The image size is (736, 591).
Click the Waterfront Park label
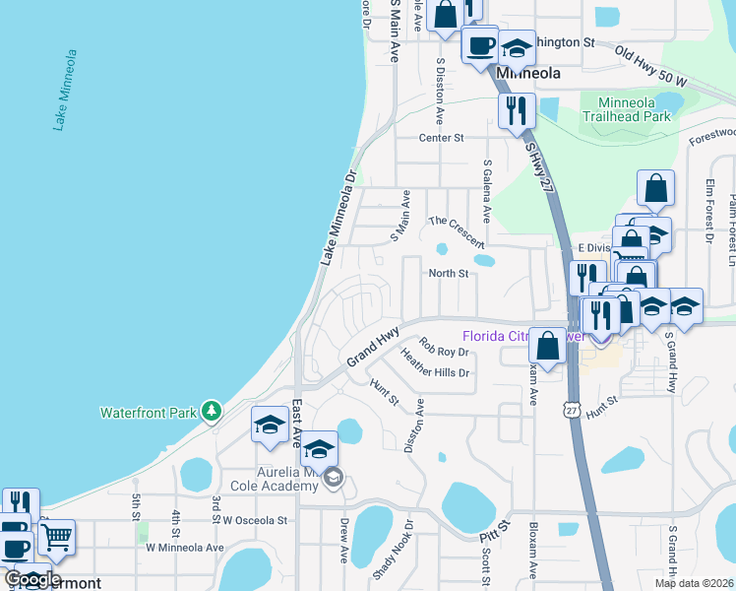[x=149, y=412]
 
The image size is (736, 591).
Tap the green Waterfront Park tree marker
[x=211, y=411]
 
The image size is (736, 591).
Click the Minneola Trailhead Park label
[x=626, y=108]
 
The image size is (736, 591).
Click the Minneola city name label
[x=528, y=73]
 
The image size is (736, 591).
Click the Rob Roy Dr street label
[x=440, y=347]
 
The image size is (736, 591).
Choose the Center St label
[x=441, y=138]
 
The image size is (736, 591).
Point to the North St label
[x=447, y=273]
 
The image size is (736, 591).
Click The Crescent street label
[x=457, y=232]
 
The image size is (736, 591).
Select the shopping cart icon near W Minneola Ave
[x=56, y=537]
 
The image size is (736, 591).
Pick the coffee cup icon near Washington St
[x=480, y=44]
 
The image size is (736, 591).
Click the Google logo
[x=31, y=579]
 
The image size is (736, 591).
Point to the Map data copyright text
[x=693, y=583]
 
